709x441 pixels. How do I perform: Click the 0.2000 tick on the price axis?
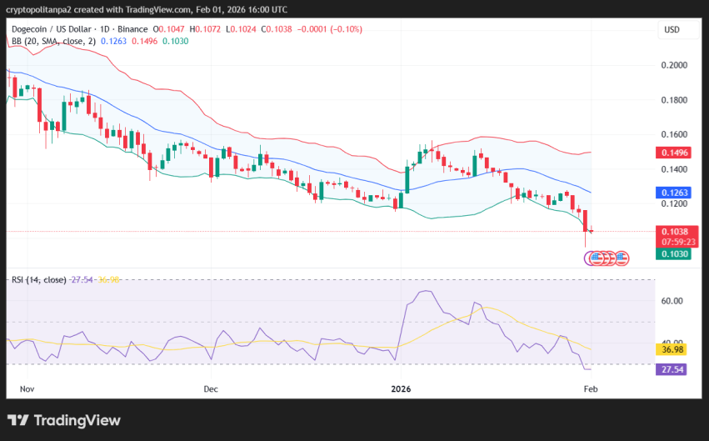674,65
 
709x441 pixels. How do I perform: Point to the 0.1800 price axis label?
674,100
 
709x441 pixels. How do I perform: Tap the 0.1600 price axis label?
674,134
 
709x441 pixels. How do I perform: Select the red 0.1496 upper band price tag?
674,153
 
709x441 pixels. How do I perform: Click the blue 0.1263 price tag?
674,192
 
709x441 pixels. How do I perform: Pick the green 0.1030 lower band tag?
674,254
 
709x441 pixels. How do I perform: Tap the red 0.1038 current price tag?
674,231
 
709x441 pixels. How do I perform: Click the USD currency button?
672,30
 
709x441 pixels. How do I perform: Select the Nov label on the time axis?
27,388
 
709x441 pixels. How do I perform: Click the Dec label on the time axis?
210,388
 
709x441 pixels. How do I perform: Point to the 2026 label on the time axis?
402,388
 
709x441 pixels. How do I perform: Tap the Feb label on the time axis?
591,388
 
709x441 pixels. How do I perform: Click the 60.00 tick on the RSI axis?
672,300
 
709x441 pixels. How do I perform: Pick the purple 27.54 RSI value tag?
672,369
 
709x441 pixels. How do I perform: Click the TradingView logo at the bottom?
64,420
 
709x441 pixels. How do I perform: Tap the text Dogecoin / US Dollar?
51,29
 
